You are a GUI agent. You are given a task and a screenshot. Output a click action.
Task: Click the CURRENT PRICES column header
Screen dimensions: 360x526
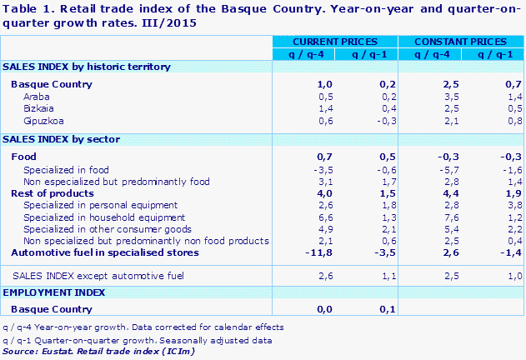[335, 41]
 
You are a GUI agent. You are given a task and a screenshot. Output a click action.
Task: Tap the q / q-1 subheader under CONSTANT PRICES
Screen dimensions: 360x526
[492, 54]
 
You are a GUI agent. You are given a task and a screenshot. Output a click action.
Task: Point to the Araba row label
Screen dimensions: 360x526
[36, 97]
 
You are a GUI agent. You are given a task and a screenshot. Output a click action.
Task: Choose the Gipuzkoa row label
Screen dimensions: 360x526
[42, 120]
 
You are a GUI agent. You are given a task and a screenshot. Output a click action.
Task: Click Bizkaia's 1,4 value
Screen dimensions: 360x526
[303, 108]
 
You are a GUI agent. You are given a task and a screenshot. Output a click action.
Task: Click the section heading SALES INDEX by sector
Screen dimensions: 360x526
[63, 138]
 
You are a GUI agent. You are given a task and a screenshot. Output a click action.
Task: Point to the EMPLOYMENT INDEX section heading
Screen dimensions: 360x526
[55, 292]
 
